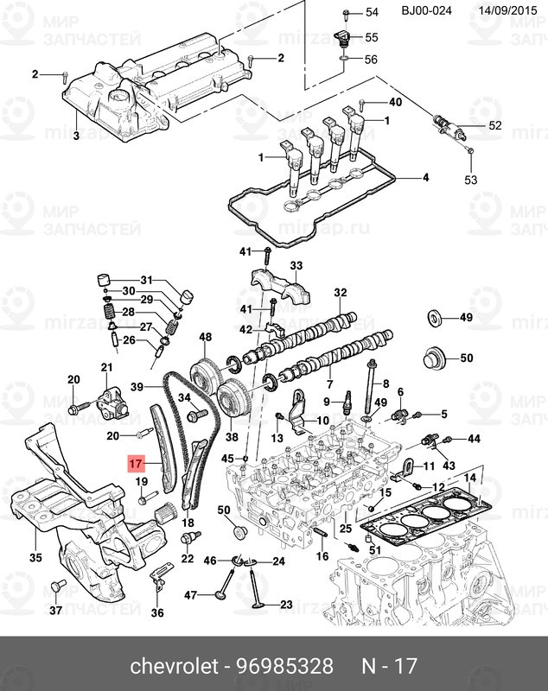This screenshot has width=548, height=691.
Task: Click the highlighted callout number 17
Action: pyautogui.click(x=134, y=464)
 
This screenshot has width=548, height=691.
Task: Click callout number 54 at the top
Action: pyautogui.click(x=372, y=13)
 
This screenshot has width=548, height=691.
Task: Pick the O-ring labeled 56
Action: pyautogui.click(x=344, y=60)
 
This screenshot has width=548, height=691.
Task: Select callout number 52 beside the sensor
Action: pyautogui.click(x=494, y=126)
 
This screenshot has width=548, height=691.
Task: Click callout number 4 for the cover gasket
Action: pyautogui.click(x=424, y=179)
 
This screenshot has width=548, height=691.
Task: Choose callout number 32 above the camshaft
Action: pyautogui.click(x=340, y=293)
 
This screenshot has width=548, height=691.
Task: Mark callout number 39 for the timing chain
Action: pyautogui.click(x=137, y=386)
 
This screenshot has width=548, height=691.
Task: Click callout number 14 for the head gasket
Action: pyautogui.click(x=469, y=478)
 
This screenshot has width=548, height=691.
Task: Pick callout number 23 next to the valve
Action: pyautogui.click(x=286, y=604)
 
